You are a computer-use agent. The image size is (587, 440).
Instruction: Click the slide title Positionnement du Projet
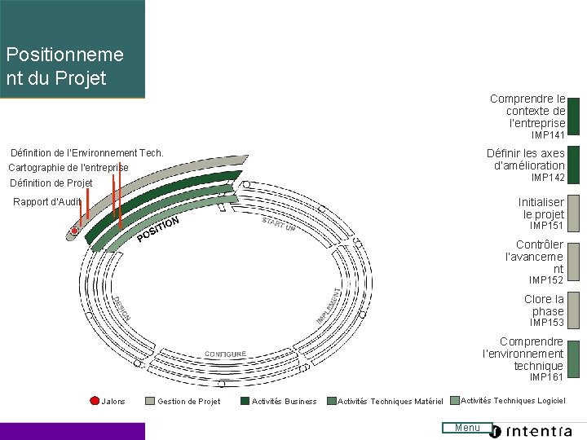pyautogui.click(x=65, y=66)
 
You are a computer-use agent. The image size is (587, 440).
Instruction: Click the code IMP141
pyautogui.click(x=548, y=134)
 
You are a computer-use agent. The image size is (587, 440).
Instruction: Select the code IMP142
pyautogui.click(x=548, y=178)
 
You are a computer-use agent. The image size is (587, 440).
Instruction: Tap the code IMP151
pyautogui.click(x=547, y=226)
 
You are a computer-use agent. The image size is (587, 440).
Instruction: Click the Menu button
pyautogui.click(x=467, y=428)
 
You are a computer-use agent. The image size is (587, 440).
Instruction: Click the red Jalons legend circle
pyautogui.click(x=94, y=401)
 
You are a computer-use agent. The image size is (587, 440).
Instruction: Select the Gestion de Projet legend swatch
pyautogui.click(x=149, y=401)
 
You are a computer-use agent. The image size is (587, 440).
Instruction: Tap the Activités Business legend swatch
pyautogui.click(x=245, y=401)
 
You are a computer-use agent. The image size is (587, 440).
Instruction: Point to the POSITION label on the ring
pyautogui.click(x=158, y=229)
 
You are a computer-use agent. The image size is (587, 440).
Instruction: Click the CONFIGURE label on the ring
pyautogui.click(x=225, y=354)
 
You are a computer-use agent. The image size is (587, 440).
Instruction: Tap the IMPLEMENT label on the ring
pyautogui.click(x=329, y=304)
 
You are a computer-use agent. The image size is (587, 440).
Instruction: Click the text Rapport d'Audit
pyautogui.click(x=47, y=202)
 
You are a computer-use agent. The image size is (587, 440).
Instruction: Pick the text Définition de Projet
pyautogui.click(x=51, y=183)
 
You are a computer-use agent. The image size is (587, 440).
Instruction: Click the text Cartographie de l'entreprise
pyautogui.click(x=68, y=168)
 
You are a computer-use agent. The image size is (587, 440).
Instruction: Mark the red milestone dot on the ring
pyautogui.click(x=74, y=231)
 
